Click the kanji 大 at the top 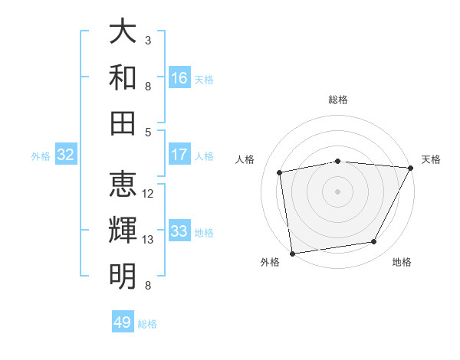(123, 32)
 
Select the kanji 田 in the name (123, 123)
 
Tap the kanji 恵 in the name (123, 185)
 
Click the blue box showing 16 (179, 78)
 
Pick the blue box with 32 (65, 155)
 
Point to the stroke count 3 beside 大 (148, 40)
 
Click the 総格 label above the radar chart (338, 100)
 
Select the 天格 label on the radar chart (431, 159)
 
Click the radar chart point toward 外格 (292, 253)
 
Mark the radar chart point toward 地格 (374, 242)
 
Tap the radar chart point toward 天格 (411, 168)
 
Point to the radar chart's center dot (338, 191)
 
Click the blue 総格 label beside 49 (147, 324)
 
